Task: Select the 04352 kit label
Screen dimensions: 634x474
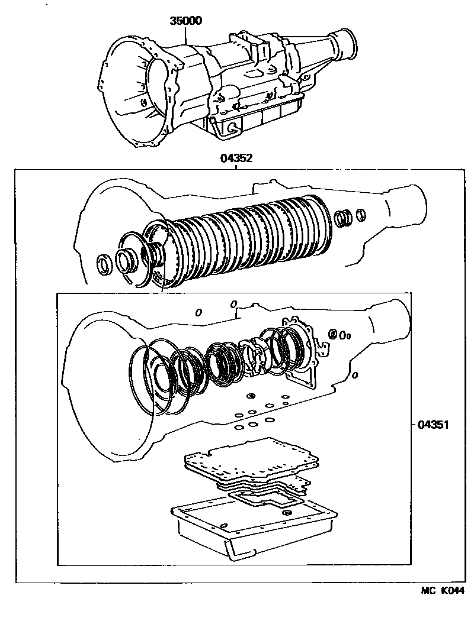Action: point(236,158)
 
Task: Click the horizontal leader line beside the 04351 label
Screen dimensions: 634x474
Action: point(412,424)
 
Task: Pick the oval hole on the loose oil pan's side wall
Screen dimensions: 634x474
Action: point(224,525)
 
